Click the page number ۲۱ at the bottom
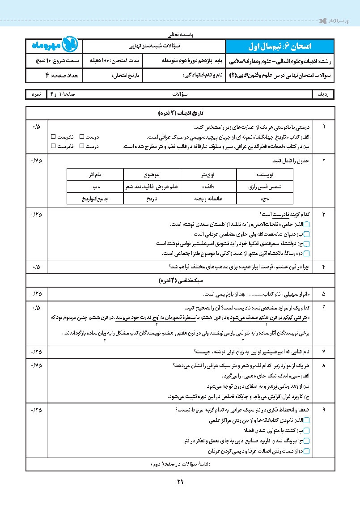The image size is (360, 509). pos(180,482)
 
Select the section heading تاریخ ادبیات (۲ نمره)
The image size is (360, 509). pos(180,114)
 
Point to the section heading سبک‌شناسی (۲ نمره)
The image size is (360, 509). pos(180,281)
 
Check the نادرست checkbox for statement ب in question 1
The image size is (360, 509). pos(53,146)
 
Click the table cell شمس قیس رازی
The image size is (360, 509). pos(265,186)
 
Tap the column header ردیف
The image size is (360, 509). pos(323,95)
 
